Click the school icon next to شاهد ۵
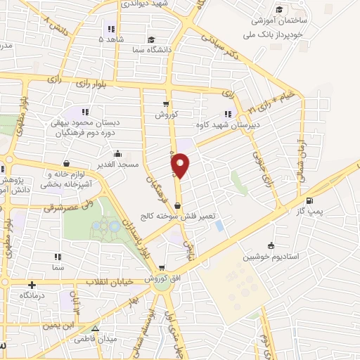coord(110,29)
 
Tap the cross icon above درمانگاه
coord(32,285)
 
